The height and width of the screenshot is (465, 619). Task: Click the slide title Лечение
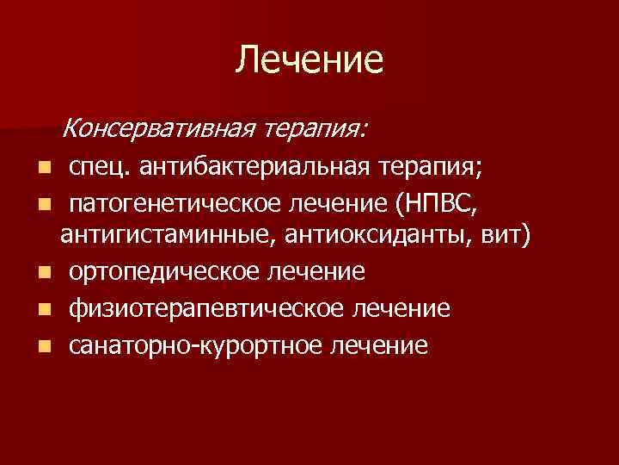(x=309, y=59)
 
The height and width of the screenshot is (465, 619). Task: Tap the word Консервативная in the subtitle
(x=160, y=129)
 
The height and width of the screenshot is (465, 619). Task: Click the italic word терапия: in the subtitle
(x=316, y=129)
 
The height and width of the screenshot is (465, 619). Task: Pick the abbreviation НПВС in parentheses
(x=445, y=204)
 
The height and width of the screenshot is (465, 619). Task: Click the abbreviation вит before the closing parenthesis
(x=499, y=236)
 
